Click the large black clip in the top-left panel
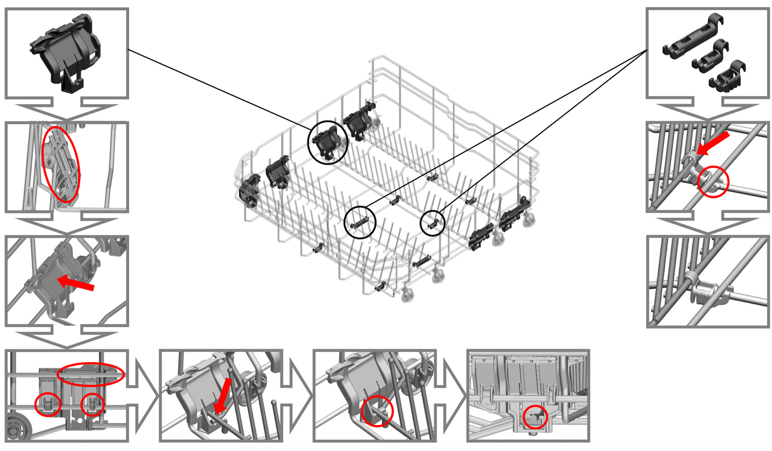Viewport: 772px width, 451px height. [66, 54]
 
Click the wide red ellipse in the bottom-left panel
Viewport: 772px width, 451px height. [90, 374]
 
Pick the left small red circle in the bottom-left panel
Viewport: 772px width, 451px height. [48, 403]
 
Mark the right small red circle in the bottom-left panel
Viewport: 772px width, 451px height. [93, 403]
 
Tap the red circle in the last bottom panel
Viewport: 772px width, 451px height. [535, 417]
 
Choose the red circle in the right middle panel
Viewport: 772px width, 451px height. [710, 182]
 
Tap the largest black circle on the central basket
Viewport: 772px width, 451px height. [327, 142]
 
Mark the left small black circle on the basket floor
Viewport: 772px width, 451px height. [360, 222]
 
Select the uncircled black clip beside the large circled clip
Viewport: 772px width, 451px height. [358, 123]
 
